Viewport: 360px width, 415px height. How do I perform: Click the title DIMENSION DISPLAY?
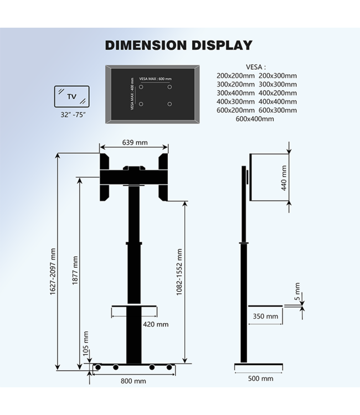178,45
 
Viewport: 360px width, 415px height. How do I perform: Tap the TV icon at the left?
71,96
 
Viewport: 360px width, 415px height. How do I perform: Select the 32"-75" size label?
72,116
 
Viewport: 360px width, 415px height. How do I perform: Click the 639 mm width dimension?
134,142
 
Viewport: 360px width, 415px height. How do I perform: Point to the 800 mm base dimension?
134,381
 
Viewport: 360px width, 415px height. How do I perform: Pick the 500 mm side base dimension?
260,378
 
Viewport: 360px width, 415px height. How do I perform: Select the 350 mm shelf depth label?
265,316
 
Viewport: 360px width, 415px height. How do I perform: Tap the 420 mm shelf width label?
156,324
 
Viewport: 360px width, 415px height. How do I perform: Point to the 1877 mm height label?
75,269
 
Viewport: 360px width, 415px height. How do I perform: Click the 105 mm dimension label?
85,344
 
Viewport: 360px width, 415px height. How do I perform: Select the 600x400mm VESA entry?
255,118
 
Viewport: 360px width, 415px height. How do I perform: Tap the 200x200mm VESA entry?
235,76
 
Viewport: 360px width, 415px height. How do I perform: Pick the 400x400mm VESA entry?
277,101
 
